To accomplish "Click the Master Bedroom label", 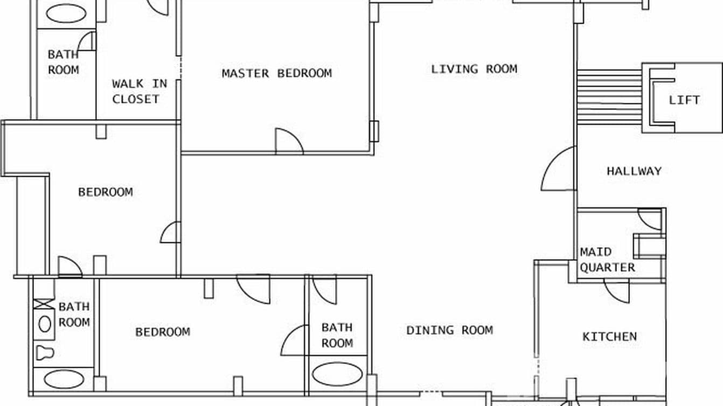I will click(277, 73).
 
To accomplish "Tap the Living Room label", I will click(474, 69).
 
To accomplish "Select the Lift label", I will click(684, 100).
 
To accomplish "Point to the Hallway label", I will click(634, 171).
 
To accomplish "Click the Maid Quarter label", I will click(607, 260).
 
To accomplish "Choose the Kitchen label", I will click(609, 337).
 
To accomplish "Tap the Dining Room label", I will click(449, 330).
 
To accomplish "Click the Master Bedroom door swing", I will click(289, 142).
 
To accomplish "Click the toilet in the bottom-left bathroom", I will click(44, 353).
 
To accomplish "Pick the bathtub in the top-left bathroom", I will click(66, 13).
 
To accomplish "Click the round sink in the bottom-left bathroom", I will click(45, 324).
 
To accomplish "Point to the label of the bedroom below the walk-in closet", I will click(106, 192).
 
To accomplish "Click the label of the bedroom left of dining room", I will click(163, 332).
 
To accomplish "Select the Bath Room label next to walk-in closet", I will click(63, 62).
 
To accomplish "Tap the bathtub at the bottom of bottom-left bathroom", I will click(64, 379).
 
